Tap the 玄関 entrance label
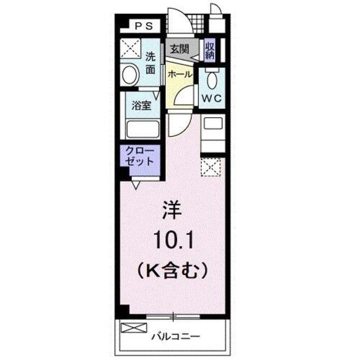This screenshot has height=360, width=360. tap(180, 49)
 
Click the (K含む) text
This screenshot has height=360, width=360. tap(172, 270)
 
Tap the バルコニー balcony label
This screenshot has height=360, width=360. tap(174, 336)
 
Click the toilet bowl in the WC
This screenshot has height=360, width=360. tap(211, 80)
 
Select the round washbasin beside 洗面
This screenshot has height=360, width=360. tap(131, 75)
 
